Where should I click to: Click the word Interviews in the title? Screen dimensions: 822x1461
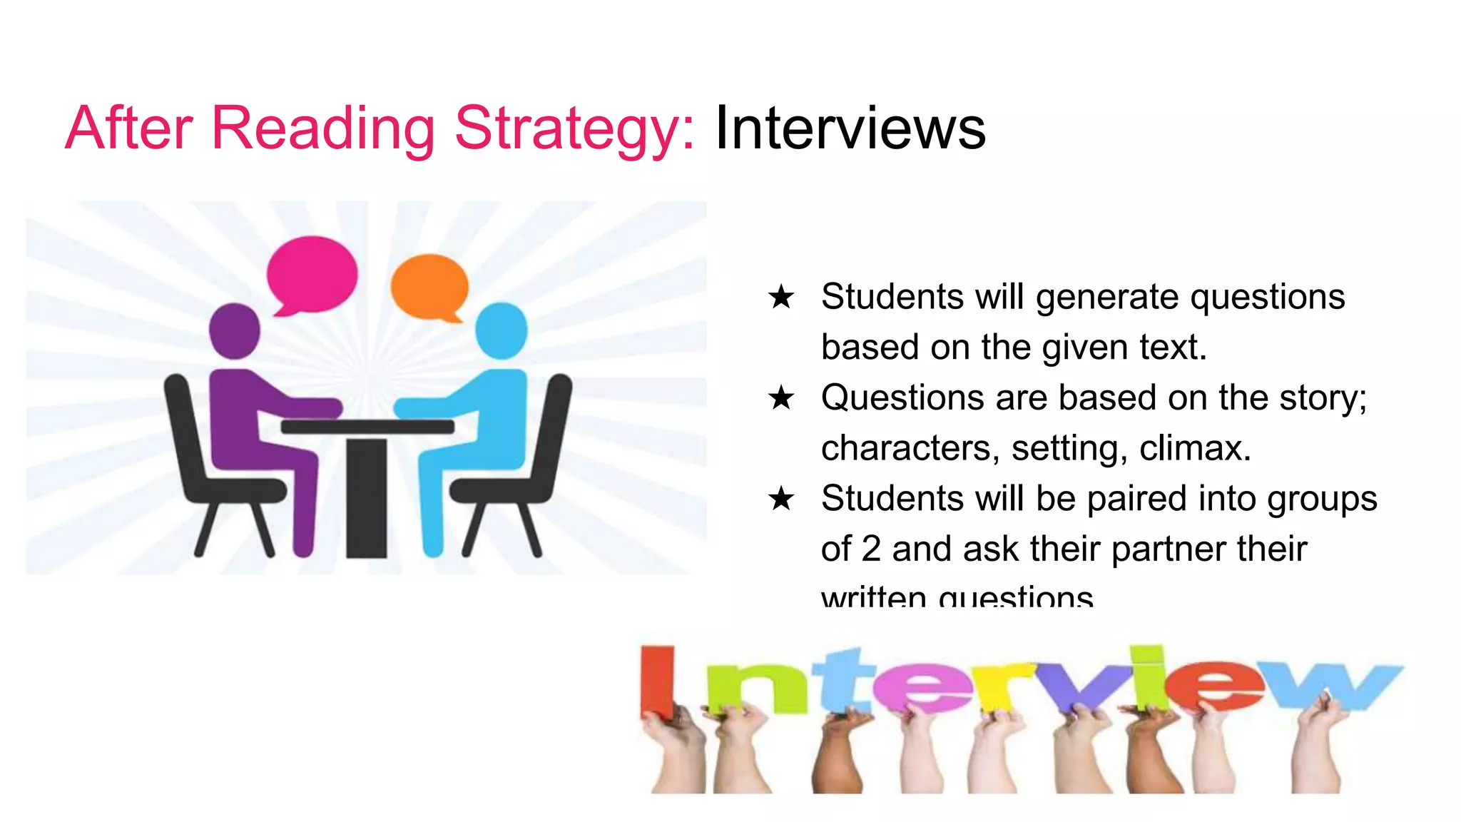tap(850, 128)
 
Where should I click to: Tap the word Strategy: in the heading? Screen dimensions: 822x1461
tap(574, 130)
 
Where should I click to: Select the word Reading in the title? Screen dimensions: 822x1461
tap(322, 130)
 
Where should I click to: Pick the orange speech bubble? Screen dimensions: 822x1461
tap(429, 286)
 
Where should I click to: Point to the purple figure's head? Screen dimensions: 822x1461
tap(234, 330)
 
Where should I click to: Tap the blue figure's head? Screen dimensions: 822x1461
tap(501, 330)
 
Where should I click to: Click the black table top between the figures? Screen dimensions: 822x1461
tap(367, 427)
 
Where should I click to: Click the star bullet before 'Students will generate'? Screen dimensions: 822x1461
tap(781, 297)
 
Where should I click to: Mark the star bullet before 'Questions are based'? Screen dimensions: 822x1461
tap(781, 398)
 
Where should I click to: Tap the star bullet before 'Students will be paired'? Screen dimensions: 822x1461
tap(781, 499)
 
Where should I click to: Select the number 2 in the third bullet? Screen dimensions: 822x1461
tap(872, 549)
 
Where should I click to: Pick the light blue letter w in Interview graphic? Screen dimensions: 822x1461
tap(1334, 685)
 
